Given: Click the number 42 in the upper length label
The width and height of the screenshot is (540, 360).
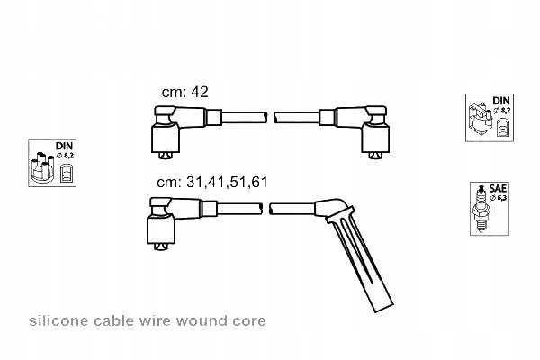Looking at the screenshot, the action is (200, 92).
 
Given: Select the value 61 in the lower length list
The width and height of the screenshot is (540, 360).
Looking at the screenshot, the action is (259, 182).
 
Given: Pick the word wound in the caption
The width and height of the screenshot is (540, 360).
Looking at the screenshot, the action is (202, 321).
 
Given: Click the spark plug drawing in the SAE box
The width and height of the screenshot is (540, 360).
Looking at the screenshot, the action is (481, 210).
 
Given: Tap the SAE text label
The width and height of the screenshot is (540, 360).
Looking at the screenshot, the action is (498, 188).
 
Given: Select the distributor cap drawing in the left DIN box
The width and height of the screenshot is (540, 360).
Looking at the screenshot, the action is (42, 166).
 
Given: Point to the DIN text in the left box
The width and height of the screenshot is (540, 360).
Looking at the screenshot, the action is (65, 146).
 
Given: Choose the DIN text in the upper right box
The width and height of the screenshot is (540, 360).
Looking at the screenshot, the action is (501, 101).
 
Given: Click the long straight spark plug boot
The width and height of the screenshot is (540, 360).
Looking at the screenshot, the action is (358, 255).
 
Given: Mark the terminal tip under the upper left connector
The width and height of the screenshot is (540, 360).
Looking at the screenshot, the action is (166, 156).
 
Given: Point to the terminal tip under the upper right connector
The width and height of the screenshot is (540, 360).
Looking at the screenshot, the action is (375, 156).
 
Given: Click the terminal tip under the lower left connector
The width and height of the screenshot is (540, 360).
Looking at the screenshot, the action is (161, 247).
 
